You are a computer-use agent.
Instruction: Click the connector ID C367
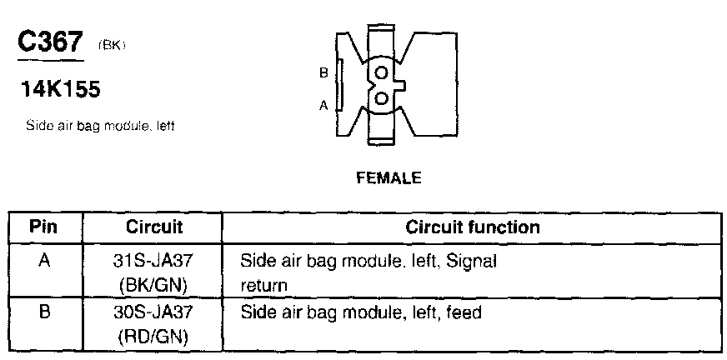coord(51,43)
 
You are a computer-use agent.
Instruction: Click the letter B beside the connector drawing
coord(323,73)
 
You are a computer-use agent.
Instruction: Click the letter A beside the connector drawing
coord(323,105)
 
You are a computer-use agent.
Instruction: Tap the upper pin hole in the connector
coord(381,73)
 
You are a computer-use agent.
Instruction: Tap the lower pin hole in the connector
coord(381,98)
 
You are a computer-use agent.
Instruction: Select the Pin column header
coord(44,227)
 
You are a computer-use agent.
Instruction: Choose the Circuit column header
coord(154,227)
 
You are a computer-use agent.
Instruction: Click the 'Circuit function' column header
coord(473,227)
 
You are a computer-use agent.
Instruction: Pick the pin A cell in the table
coord(44,260)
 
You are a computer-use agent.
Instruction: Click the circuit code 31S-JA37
coord(154,261)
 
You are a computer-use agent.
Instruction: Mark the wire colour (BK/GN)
coord(154,285)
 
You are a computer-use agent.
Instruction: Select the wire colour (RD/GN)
coord(154,337)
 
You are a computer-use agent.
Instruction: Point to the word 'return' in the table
coord(263,286)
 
